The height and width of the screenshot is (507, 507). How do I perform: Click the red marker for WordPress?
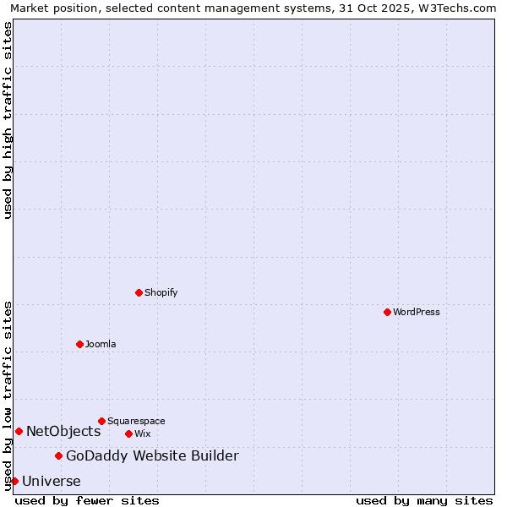[387, 312]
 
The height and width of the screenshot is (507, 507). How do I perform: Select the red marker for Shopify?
[139, 292]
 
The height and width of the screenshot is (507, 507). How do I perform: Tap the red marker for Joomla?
[79, 344]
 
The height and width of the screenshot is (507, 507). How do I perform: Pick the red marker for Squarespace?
[101, 421]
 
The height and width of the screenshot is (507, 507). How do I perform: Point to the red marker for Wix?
[128, 433]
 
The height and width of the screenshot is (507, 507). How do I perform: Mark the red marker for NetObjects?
[19, 431]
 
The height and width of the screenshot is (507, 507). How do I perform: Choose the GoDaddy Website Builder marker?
[58, 456]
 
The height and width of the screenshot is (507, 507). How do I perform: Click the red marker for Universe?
[14, 481]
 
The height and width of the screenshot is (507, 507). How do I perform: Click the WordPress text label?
[417, 312]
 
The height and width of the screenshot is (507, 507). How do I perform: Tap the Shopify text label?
[161, 292]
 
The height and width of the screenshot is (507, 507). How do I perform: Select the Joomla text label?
[101, 344]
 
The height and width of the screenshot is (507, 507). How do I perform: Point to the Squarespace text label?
[136, 421]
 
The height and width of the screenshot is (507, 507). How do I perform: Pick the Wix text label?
[142, 433]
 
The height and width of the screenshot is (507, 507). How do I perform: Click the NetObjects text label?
[63, 432]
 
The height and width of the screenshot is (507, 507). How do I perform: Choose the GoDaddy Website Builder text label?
[152, 456]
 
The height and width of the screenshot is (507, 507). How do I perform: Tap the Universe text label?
[52, 482]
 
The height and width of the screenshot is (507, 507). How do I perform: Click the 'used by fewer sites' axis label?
[87, 501]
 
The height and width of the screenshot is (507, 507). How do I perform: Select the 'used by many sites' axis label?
[424, 501]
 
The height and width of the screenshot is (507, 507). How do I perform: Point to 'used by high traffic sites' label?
[8, 120]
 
